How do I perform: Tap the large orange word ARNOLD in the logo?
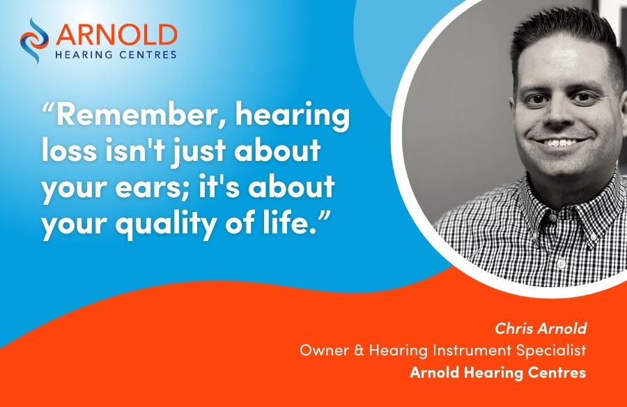coord(116,36)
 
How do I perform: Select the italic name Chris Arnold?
coord(541,328)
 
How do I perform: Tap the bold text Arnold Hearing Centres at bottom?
coord(498,373)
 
